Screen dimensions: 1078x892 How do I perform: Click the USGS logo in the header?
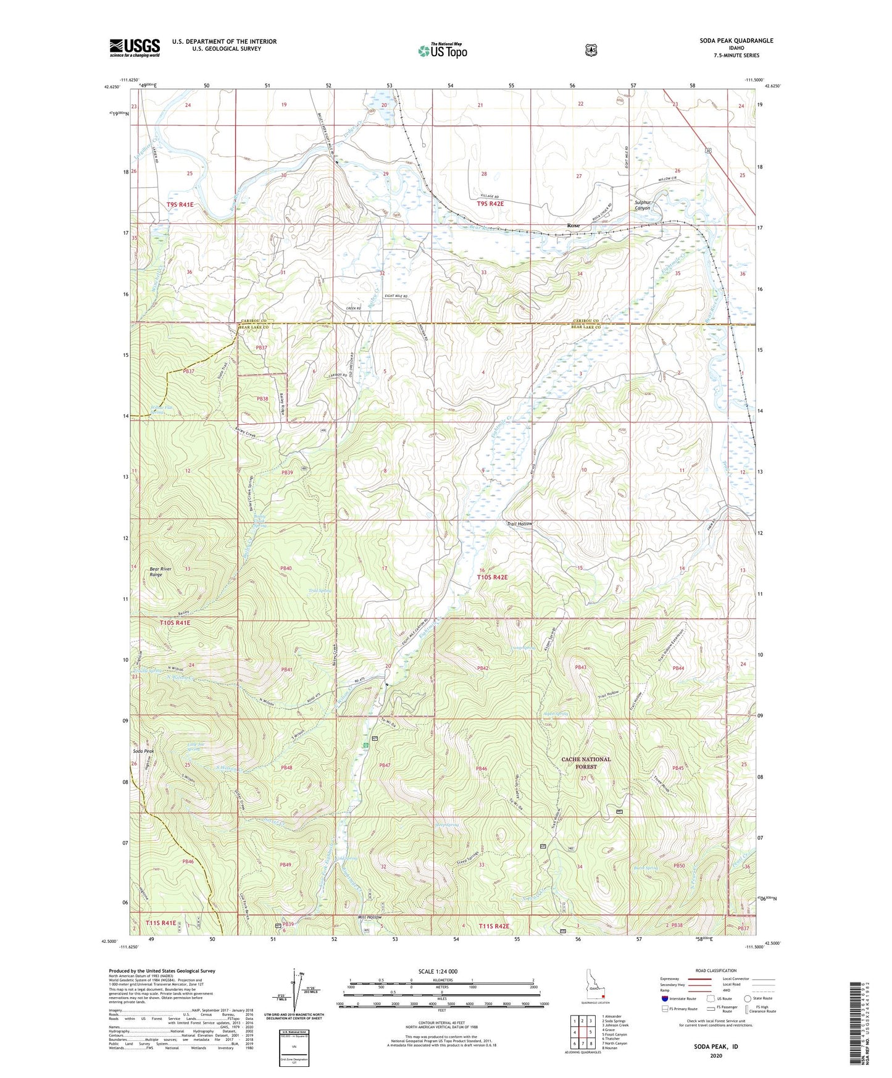click(x=135, y=48)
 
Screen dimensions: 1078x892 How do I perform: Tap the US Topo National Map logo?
click(x=442, y=50)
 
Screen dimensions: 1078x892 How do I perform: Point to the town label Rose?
click(x=573, y=226)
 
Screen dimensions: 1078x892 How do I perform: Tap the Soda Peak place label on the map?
click(x=143, y=751)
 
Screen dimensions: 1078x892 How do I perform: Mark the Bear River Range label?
click(x=161, y=571)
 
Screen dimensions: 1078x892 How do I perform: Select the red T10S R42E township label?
click(x=492, y=577)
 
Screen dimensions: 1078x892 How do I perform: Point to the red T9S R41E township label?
click(x=180, y=204)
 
